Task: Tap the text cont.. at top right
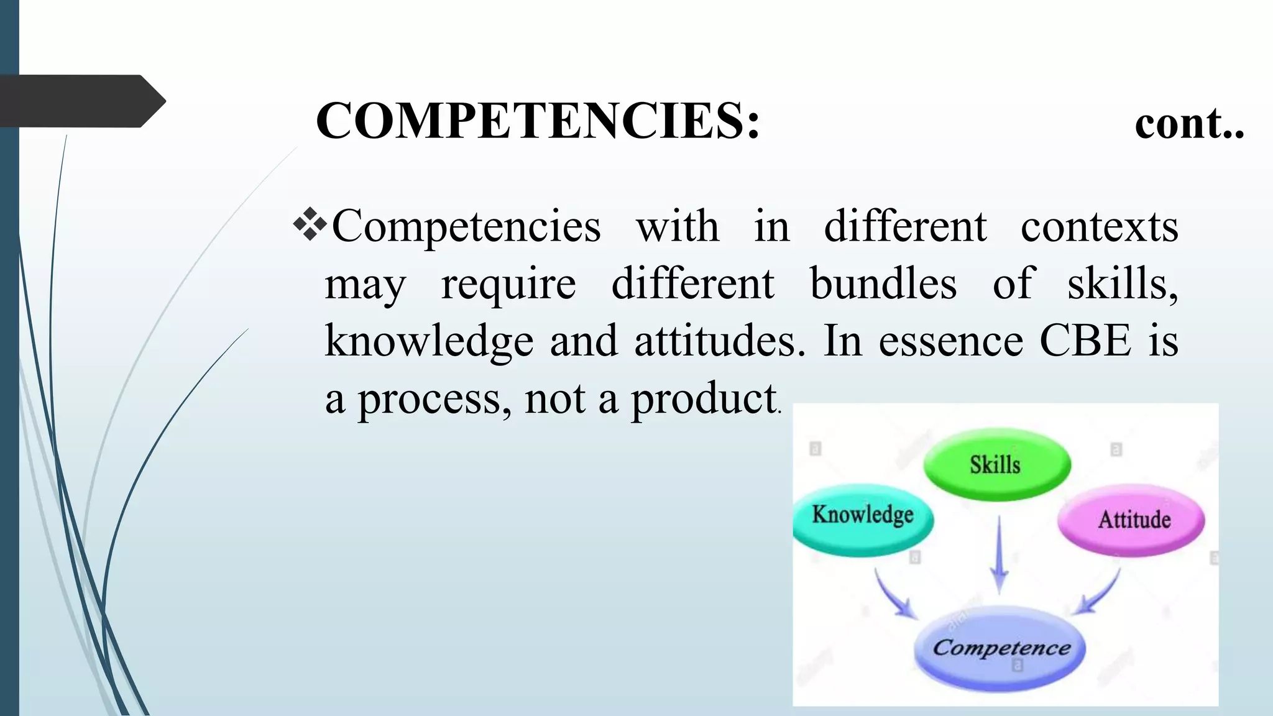click(1188, 123)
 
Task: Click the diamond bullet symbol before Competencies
click(310, 225)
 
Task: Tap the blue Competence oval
click(1001, 648)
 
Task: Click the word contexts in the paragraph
click(1099, 226)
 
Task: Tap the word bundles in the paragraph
click(883, 284)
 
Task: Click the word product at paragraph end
click(704, 399)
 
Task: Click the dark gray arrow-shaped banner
click(81, 101)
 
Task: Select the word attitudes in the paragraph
click(719, 342)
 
